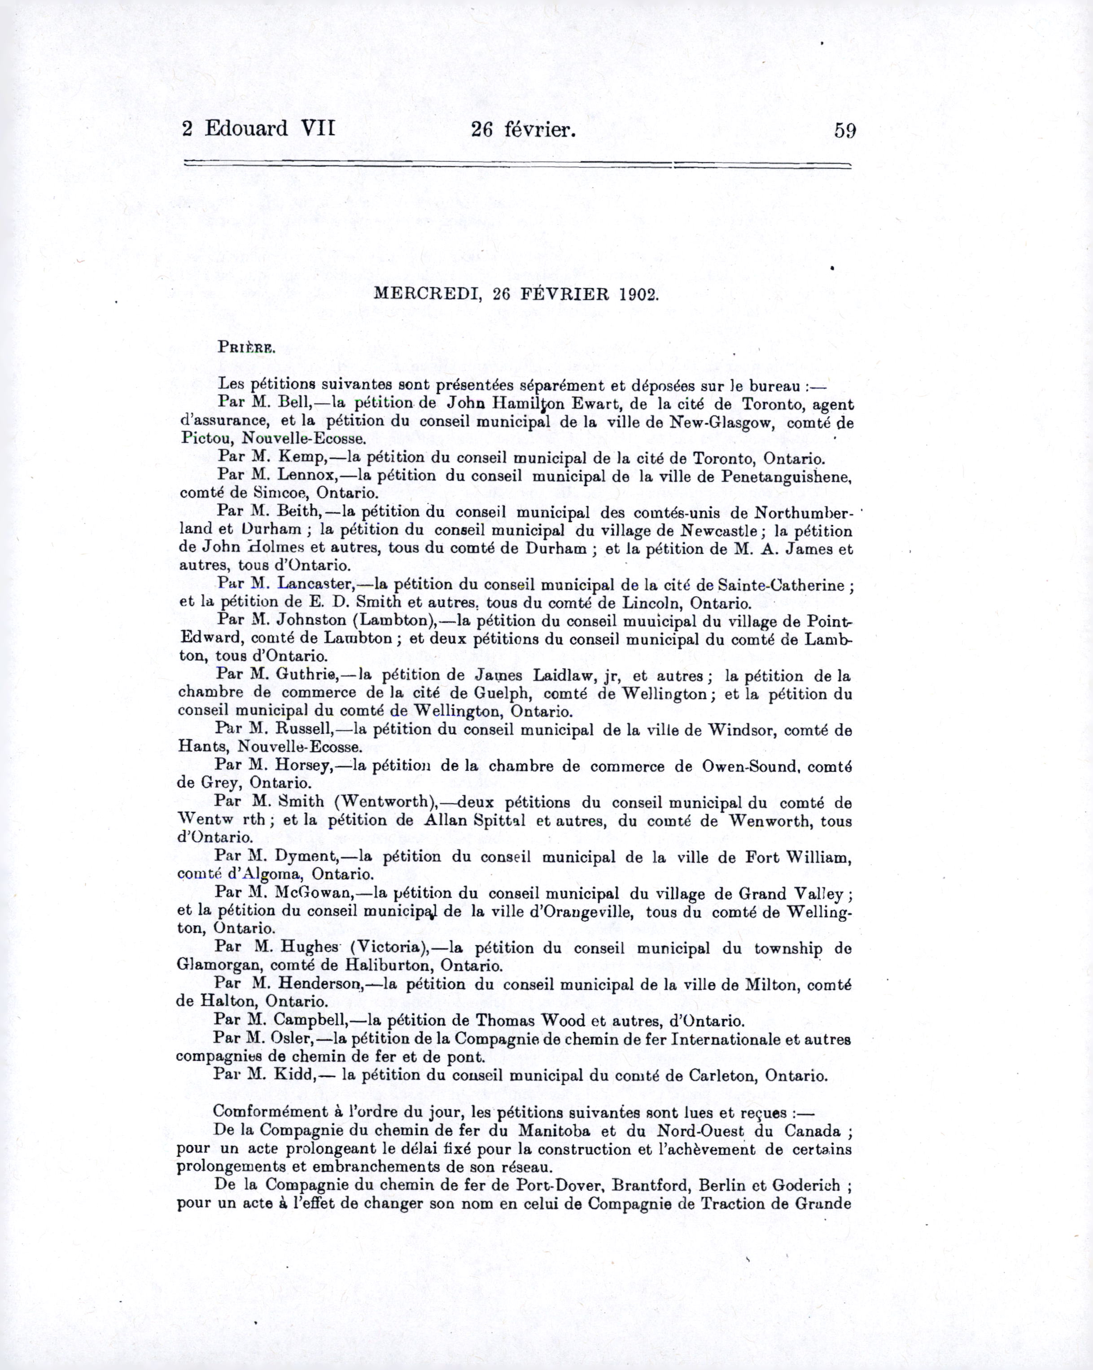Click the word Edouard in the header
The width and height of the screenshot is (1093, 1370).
click(x=246, y=129)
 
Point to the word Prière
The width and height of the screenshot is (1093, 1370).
click(x=246, y=348)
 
